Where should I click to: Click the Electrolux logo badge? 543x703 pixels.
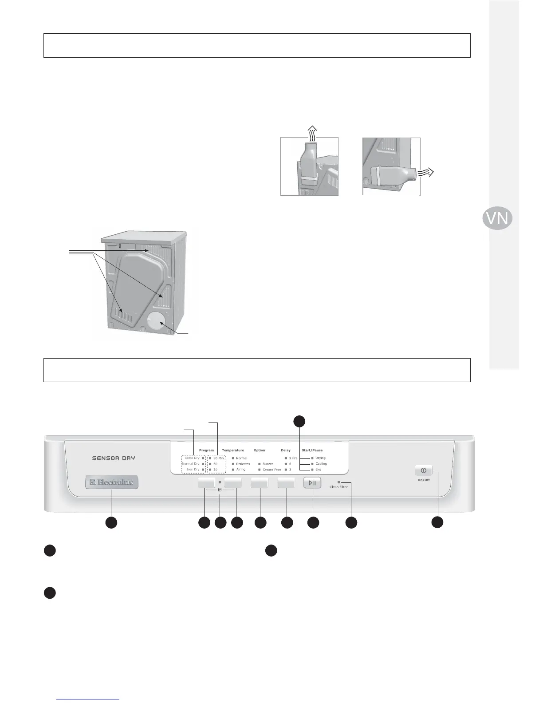tap(112, 482)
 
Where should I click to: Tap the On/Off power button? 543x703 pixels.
tap(423, 470)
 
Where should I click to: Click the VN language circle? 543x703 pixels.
tap(497, 218)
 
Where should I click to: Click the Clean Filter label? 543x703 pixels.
tap(338, 487)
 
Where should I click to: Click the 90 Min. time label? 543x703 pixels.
tap(219, 458)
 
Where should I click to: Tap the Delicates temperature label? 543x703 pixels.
tap(243, 464)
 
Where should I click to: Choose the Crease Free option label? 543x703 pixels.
tap(271, 470)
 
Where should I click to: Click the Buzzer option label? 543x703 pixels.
tap(268, 464)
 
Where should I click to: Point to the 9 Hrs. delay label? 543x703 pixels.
tap(293, 458)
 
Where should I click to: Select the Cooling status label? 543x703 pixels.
tap(321, 464)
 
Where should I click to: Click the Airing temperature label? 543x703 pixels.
tap(240, 470)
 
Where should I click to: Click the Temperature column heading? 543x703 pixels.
tap(233, 450)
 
